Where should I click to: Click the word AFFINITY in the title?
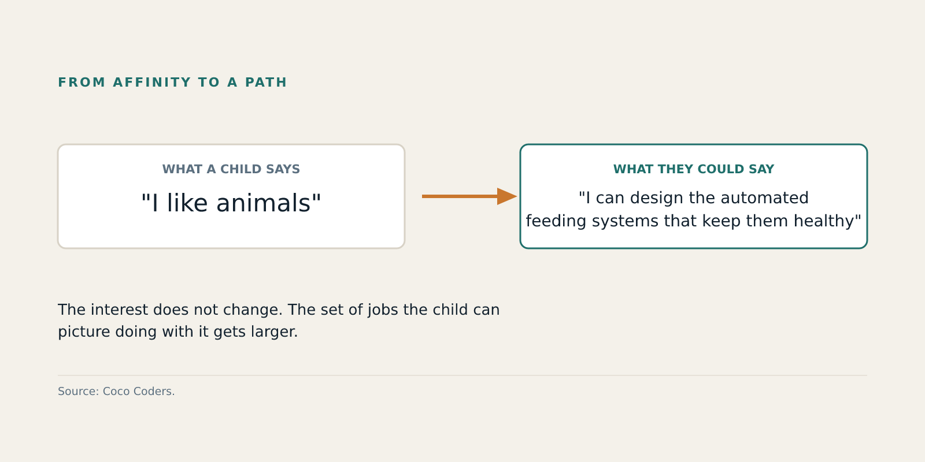pos(152,82)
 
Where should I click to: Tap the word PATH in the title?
pos(266,82)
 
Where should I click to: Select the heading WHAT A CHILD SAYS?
pos(231,169)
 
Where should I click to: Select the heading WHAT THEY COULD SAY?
pos(694,169)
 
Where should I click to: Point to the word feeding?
pos(556,221)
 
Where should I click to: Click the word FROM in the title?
pos(82,82)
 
